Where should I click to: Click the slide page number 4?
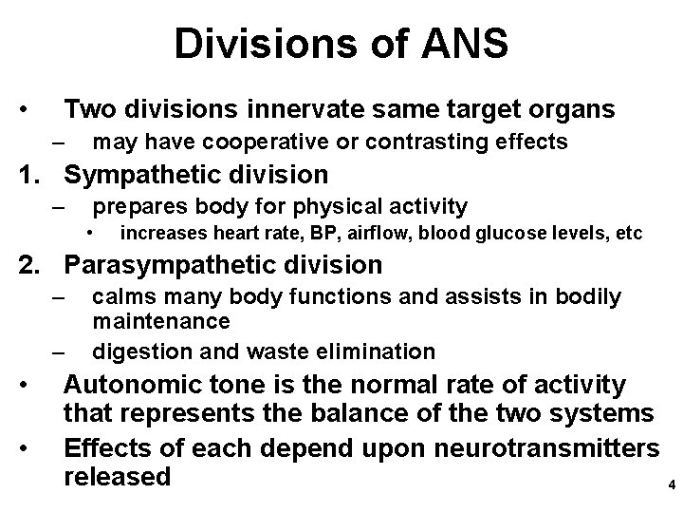(672, 484)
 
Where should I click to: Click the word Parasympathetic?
(167, 265)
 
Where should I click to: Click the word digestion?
(138, 351)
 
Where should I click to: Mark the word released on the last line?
(117, 475)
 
